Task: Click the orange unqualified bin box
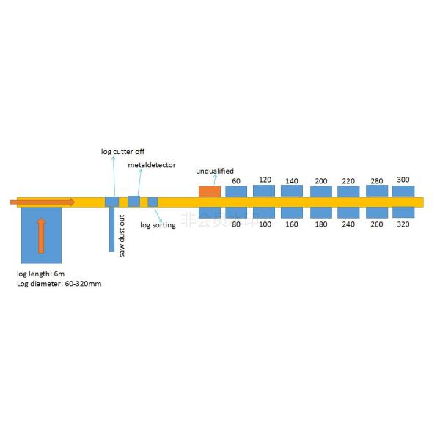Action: click(x=209, y=191)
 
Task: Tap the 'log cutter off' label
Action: click(x=122, y=151)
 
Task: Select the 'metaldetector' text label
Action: click(x=152, y=166)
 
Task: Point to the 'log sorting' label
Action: click(x=158, y=225)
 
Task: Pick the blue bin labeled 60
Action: click(x=236, y=191)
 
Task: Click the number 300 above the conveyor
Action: click(x=403, y=180)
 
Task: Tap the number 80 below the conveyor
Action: click(x=236, y=224)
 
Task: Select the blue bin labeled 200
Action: click(x=320, y=191)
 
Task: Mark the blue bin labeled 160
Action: click(x=293, y=213)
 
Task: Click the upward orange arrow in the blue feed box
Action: click(x=41, y=235)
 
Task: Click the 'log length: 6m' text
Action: click(x=40, y=274)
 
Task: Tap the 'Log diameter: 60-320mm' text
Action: click(x=59, y=283)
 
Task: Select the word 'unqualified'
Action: click(x=215, y=172)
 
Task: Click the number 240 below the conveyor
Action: click(x=348, y=224)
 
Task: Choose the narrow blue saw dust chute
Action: click(x=112, y=230)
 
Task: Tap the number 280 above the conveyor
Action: click(x=376, y=180)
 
